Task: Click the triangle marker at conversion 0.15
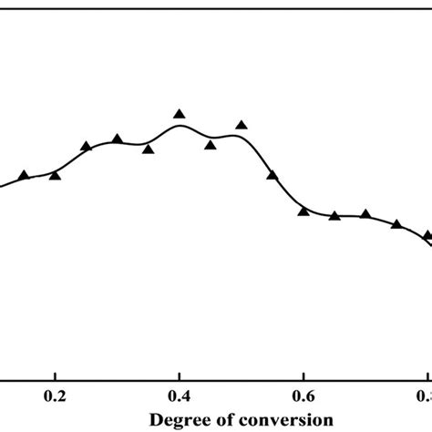(24, 175)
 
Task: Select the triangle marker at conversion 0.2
(55, 175)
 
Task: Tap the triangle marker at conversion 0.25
(86, 146)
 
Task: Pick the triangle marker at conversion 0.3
(117, 139)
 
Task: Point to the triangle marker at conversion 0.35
(148, 149)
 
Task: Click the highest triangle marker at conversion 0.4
(180, 114)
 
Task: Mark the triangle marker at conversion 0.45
(211, 144)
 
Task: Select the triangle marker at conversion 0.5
(242, 125)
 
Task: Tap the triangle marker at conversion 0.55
(273, 175)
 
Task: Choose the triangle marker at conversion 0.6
(303, 211)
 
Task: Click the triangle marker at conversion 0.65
(334, 215)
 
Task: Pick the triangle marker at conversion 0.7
(365, 214)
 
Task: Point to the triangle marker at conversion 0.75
(396, 223)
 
